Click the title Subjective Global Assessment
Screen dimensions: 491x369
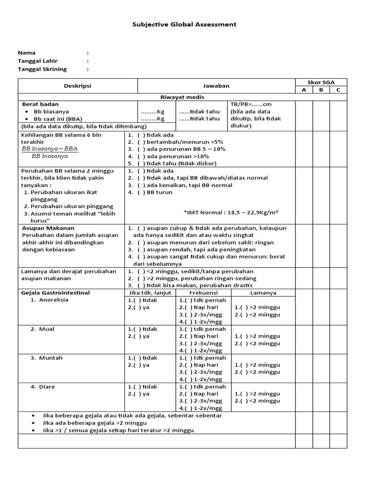184,24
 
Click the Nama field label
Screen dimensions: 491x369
26,53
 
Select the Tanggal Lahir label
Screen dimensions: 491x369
36,61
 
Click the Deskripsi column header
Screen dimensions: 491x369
78,86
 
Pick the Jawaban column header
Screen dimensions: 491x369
216,86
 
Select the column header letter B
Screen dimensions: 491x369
321,90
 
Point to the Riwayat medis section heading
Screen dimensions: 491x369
216,97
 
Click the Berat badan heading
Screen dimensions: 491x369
40,104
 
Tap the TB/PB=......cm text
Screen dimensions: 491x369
251,104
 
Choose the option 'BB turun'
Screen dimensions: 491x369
158,192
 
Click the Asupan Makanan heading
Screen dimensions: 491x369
48,228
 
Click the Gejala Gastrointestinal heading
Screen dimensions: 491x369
55,292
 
